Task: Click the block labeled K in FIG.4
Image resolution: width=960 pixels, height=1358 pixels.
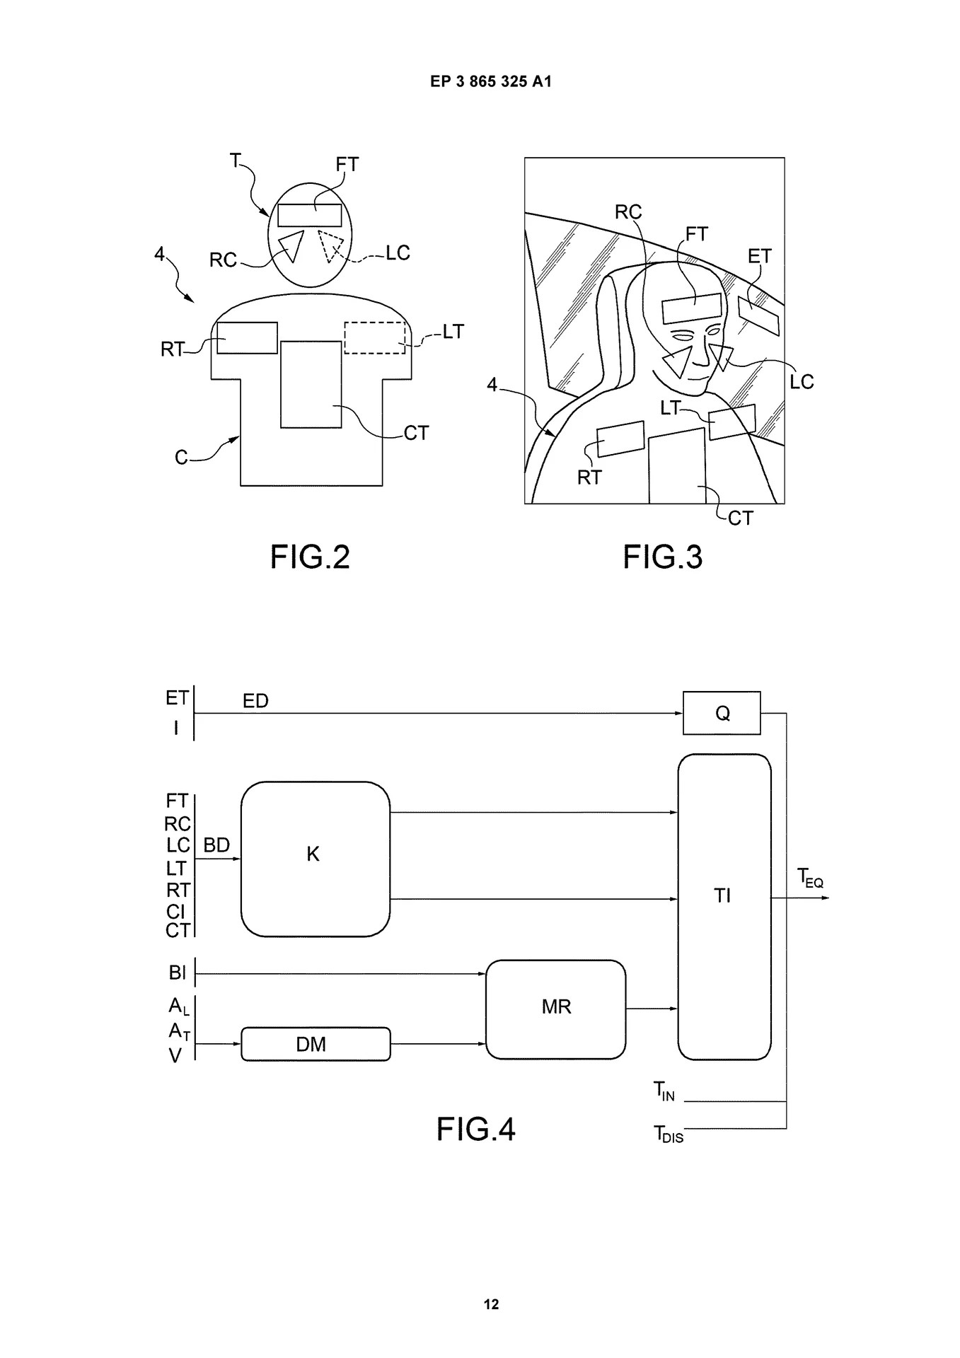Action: tap(315, 859)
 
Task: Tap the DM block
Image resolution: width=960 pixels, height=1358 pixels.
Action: tap(316, 1044)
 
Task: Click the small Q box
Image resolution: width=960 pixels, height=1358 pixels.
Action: tap(722, 713)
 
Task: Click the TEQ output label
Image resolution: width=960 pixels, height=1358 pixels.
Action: tap(810, 878)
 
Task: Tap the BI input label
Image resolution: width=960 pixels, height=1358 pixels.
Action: tap(177, 973)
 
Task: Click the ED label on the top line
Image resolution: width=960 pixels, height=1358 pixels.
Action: tap(255, 701)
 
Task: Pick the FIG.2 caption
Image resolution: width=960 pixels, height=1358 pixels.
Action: tap(310, 557)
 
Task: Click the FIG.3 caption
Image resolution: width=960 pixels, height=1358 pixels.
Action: tap(662, 557)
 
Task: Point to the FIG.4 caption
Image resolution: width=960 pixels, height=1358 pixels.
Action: tap(475, 1129)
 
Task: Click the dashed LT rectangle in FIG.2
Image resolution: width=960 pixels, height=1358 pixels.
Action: tap(375, 337)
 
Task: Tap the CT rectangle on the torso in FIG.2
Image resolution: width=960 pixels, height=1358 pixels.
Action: tap(311, 384)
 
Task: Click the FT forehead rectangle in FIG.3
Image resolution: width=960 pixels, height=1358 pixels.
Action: tap(690, 309)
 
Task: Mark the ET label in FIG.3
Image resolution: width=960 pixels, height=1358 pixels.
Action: tap(759, 257)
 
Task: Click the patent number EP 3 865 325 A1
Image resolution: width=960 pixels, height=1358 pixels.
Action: tap(490, 82)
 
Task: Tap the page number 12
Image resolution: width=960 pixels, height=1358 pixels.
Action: tap(490, 1305)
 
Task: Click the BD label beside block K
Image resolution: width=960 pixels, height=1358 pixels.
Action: tap(216, 845)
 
